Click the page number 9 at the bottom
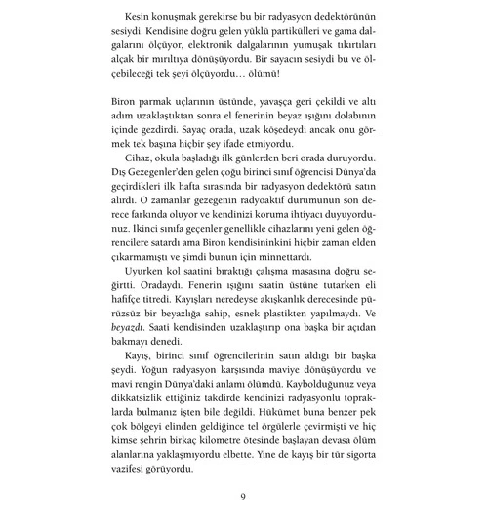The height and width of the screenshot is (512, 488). coord(243,496)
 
